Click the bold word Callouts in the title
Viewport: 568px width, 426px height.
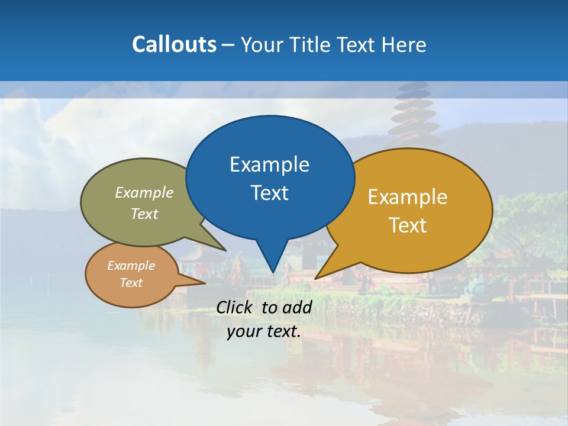[174, 44]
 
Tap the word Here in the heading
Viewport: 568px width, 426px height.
[404, 45]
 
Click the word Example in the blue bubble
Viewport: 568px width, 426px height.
[269, 164]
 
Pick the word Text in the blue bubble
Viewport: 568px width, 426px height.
[269, 193]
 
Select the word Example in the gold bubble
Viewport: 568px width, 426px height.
[408, 196]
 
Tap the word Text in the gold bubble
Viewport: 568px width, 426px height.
[408, 225]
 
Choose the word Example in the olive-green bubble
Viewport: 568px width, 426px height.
[144, 192]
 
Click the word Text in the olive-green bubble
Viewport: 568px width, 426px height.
[144, 214]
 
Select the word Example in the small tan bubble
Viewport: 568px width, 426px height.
[131, 266]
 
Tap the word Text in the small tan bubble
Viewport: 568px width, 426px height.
[131, 283]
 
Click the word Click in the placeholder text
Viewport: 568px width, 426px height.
[234, 307]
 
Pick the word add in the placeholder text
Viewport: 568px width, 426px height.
[297, 307]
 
